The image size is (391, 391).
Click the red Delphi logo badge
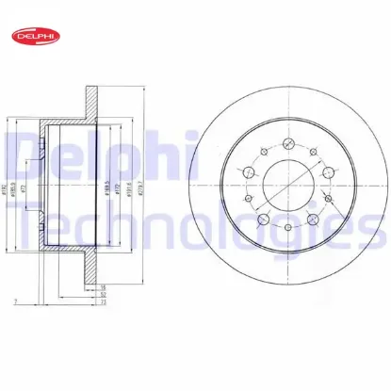pyautogui.click(x=33, y=36)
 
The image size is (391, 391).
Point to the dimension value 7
pyautogui.click(x=15, y=303)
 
